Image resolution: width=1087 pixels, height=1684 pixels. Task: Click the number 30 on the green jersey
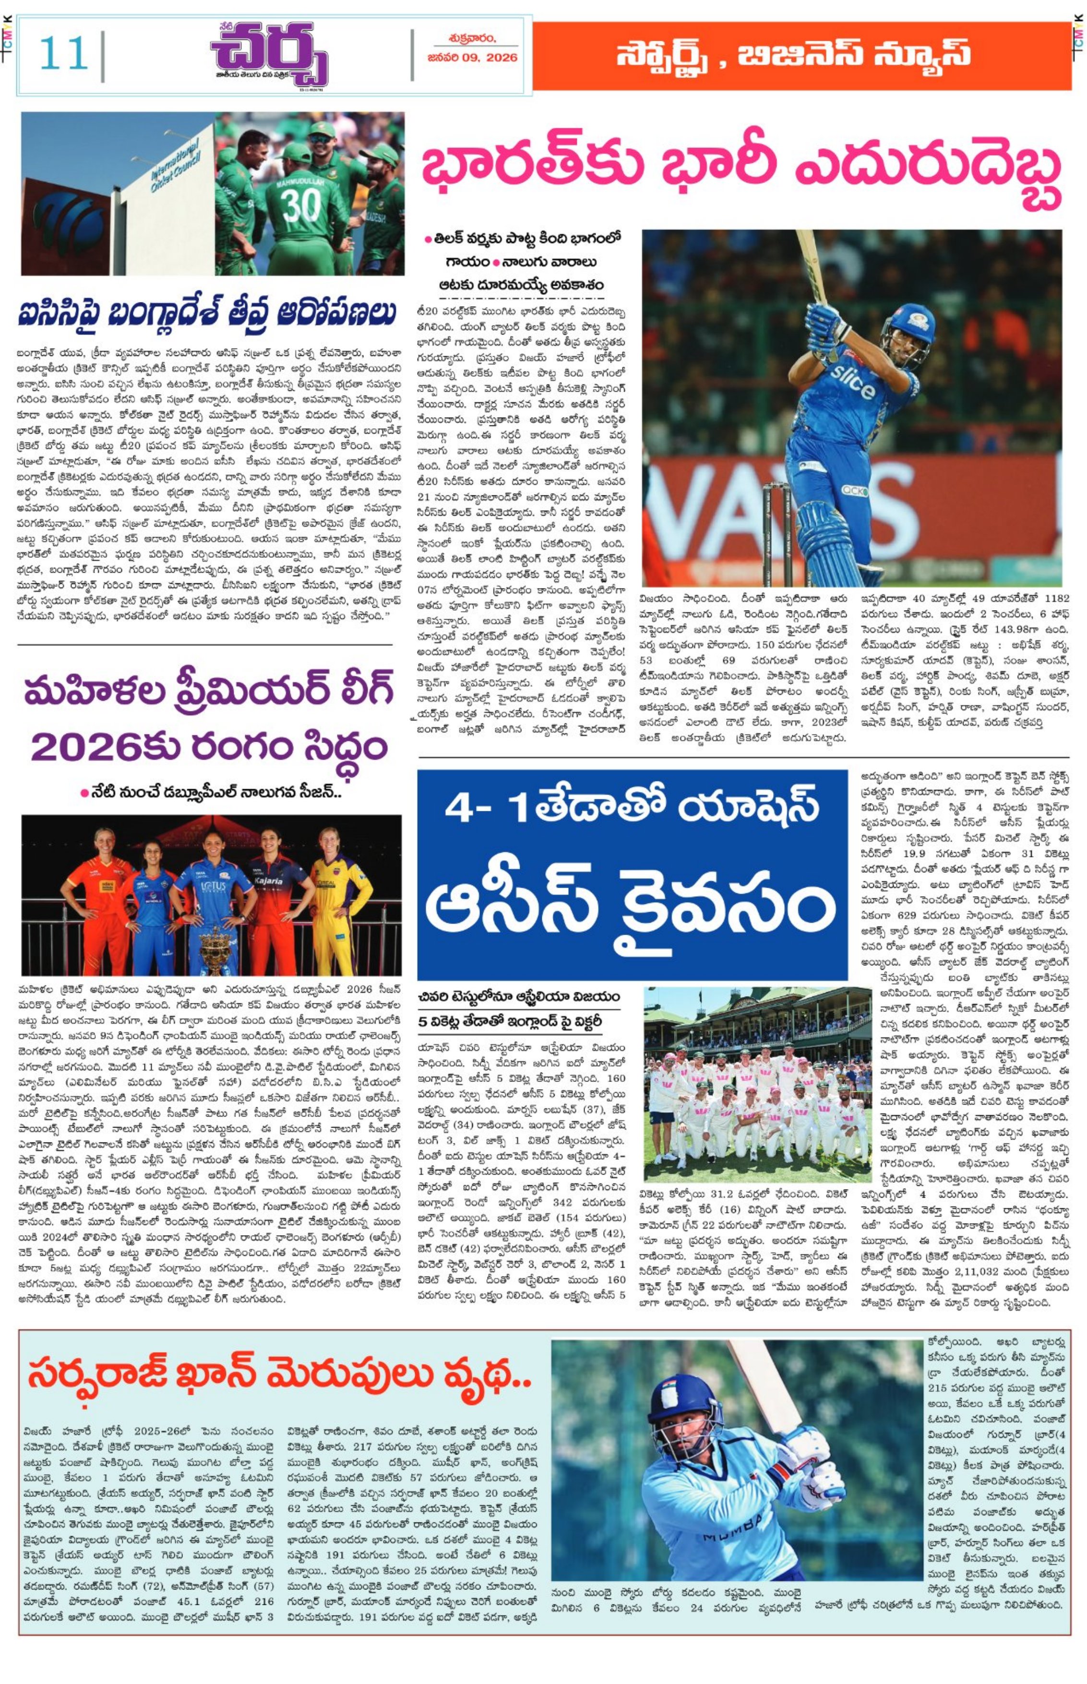coord(301,205)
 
